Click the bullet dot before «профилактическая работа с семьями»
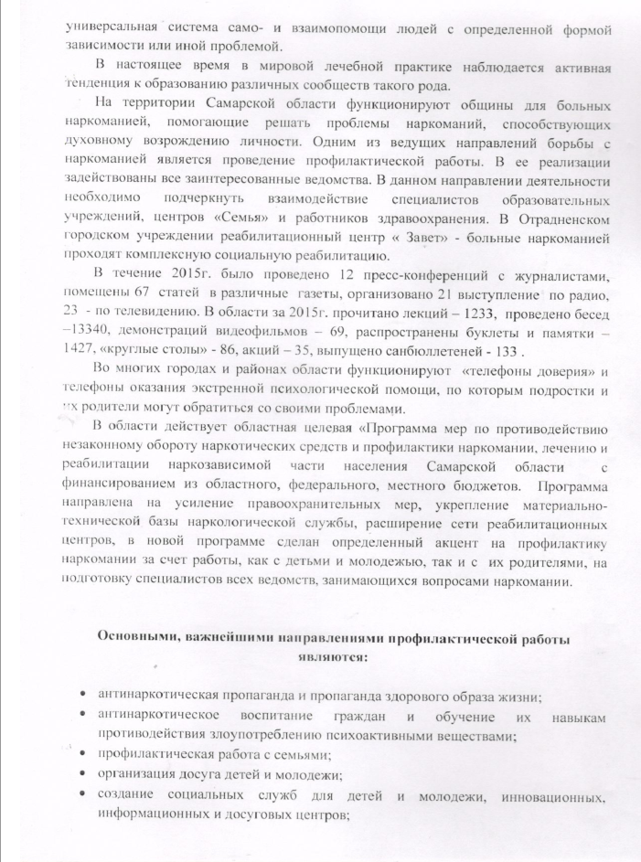[x=84, y=754]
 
